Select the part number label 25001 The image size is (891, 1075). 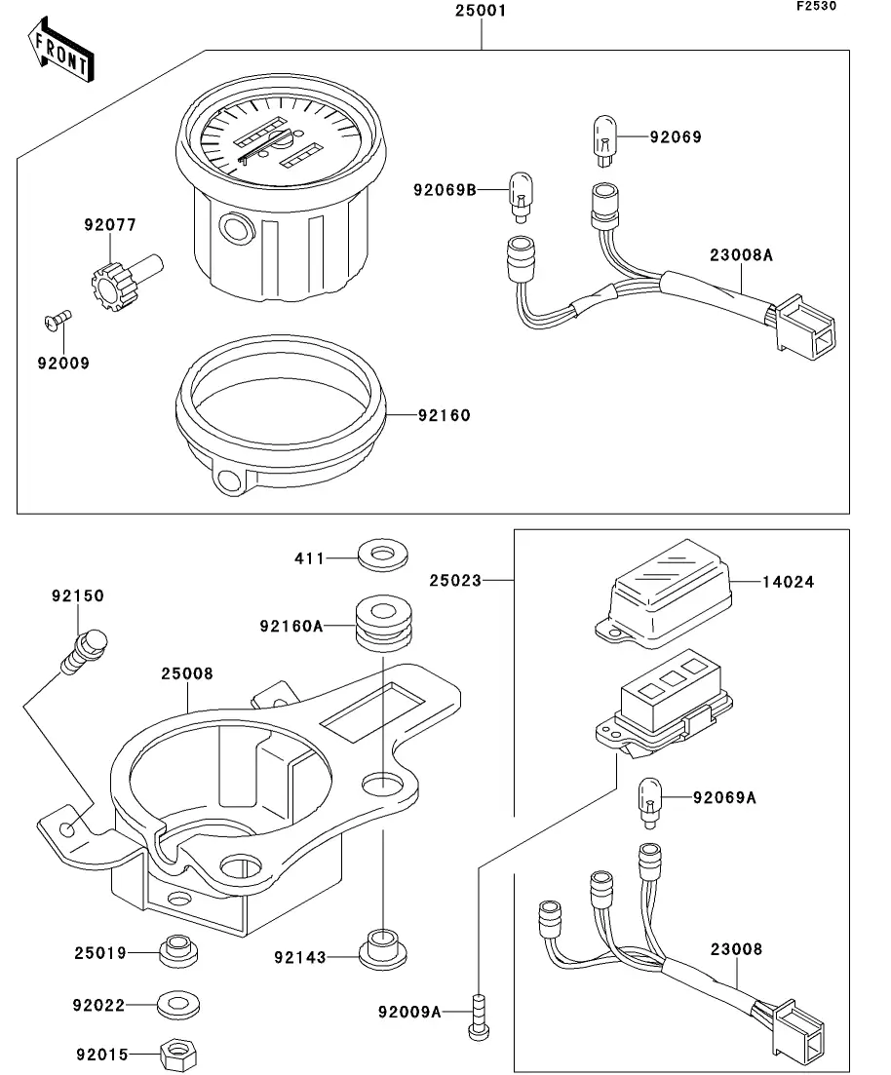[482, 12]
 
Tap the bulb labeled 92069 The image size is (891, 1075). [604, 137]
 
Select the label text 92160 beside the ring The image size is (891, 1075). [444, 416]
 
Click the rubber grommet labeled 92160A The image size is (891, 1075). [381, 625]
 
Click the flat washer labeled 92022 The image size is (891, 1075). [173, 1002]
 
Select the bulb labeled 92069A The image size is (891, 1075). [648, 797]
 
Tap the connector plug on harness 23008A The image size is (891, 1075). [804, 323]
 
